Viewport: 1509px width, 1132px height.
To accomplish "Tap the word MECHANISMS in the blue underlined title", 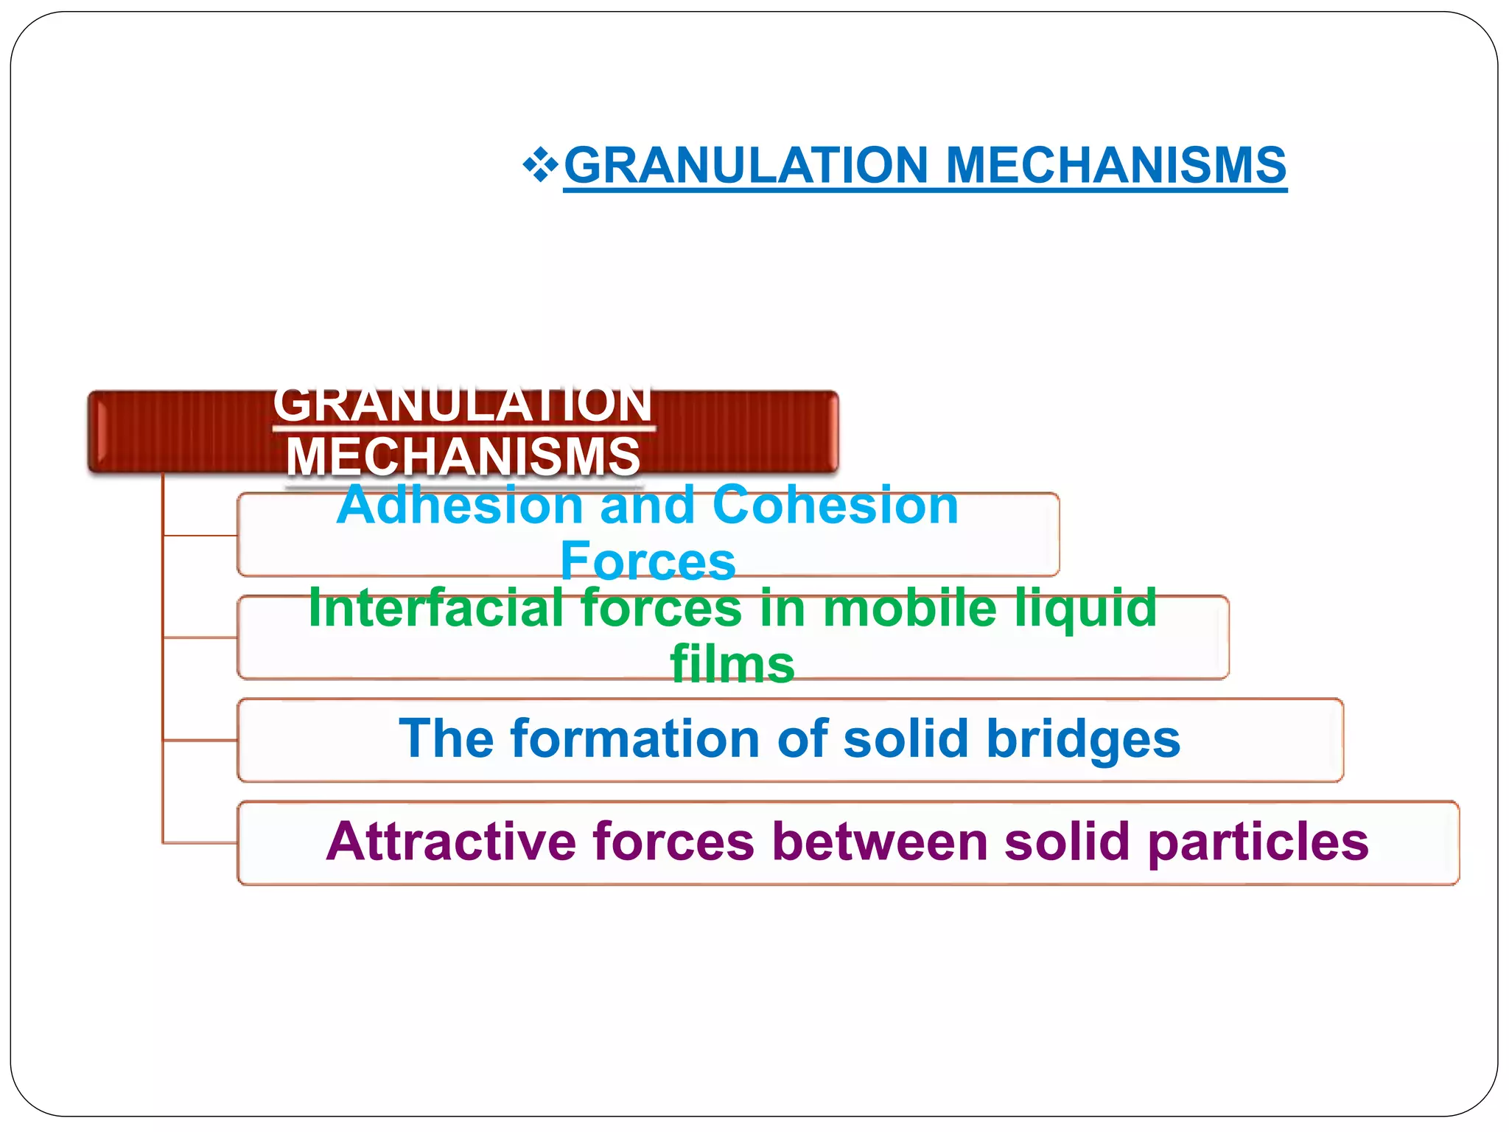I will (x=1116, y=165).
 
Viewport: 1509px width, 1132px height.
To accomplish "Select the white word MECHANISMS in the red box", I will (x=463, y=456).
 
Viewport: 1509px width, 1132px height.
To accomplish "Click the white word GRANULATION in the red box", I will (x=463, y=405).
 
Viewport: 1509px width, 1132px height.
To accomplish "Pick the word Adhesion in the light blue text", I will (x=460, y=506).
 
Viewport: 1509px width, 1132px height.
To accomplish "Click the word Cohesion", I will (x=836, y=506).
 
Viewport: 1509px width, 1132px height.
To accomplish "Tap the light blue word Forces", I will (x=648, y=561).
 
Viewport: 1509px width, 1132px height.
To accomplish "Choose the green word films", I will (x=732, y=664).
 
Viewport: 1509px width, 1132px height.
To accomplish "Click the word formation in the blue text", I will (x=634, y=738).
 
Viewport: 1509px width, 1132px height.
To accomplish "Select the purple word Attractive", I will (x=451, y=842).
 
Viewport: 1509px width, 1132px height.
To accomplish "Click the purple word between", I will (x=880, y=842).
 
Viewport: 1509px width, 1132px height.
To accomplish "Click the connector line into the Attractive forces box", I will (x=200, y=842).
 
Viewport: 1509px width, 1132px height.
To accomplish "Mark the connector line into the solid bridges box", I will (x=200, y=739).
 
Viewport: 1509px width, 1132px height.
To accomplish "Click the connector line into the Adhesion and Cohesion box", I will (x=200, y=536).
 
